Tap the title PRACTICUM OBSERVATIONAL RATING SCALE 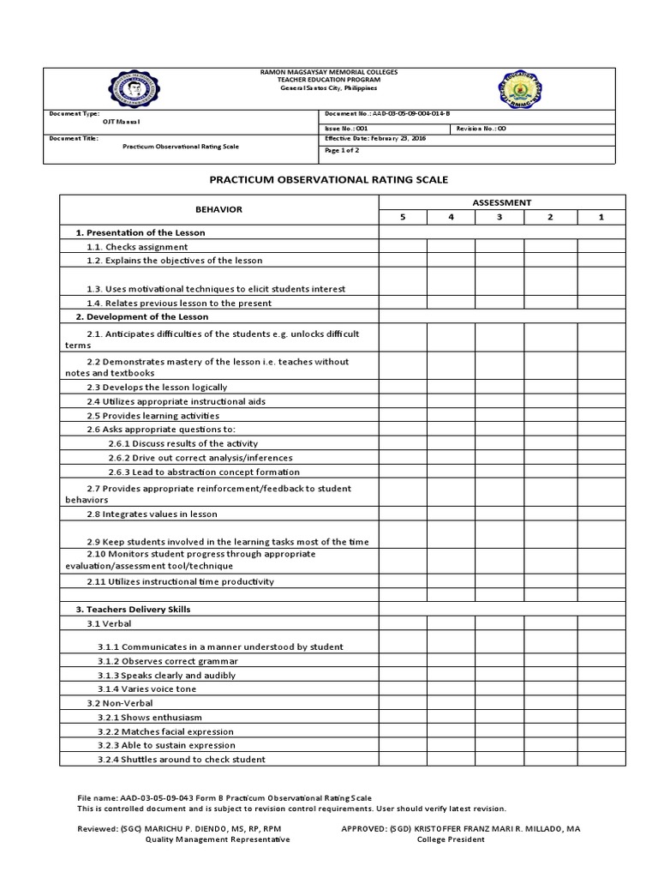click(x=329, y=179)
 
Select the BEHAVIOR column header click(x=218, y=209)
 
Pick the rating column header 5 click(x=403, y=218)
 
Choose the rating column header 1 click(x=601, y=218)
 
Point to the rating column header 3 click(x=500, y=218)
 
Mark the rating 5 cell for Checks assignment click(x=403, y=247)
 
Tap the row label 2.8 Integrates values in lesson click(x=152, y=514)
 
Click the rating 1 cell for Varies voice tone click(x=601, y=689)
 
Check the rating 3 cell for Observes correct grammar click(x=500, y=661)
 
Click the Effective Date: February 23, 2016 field click(x=374, y=138)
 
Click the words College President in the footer click(x=451, y=840)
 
